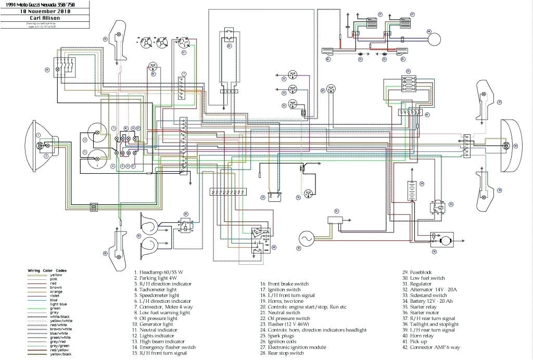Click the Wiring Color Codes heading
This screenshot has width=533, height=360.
[x=47, y=271]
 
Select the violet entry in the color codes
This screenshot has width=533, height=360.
[x=56, y=295]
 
